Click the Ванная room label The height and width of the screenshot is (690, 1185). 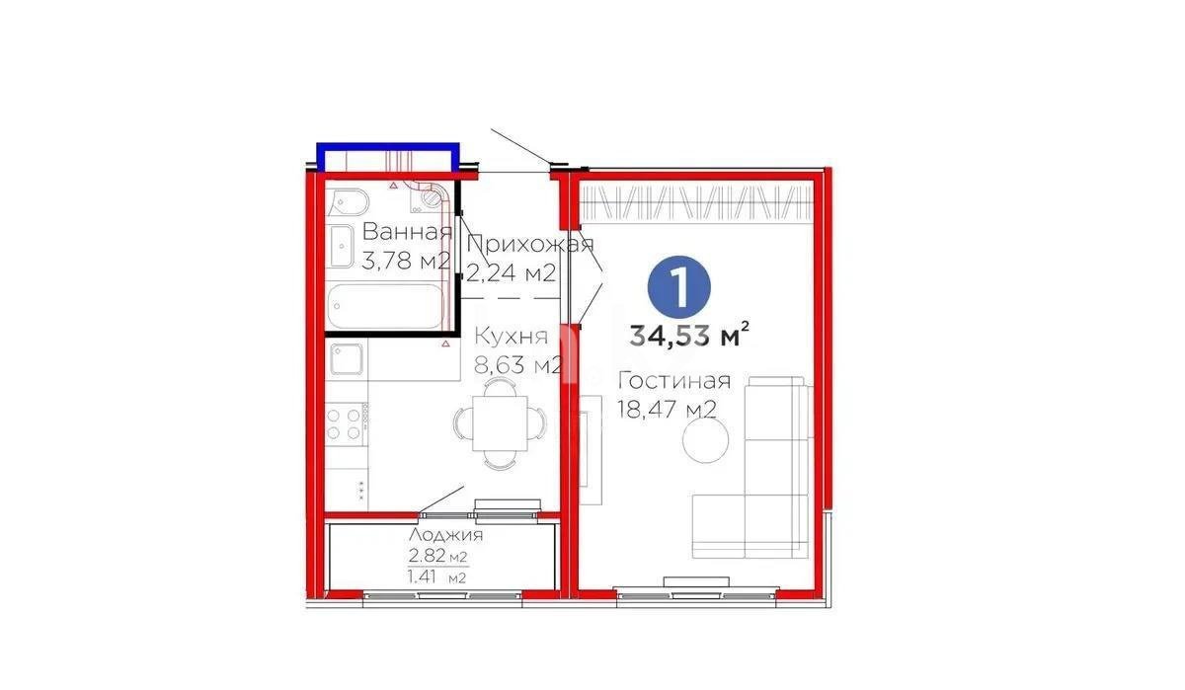[407, 233]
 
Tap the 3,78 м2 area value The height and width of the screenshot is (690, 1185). [407, 262]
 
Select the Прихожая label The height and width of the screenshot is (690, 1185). [529, 245]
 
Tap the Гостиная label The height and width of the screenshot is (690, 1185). [674, 381]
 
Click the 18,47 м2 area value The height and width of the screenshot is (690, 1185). [667, 409]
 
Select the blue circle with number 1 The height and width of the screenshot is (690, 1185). [679, 285]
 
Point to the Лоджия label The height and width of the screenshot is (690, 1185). [445, 535]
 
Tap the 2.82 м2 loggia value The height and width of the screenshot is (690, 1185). [437, 555]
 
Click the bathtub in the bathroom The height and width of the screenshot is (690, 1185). [385, 307]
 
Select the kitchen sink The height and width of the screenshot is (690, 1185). [347, 361]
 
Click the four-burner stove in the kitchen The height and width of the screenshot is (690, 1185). [345, 424]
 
